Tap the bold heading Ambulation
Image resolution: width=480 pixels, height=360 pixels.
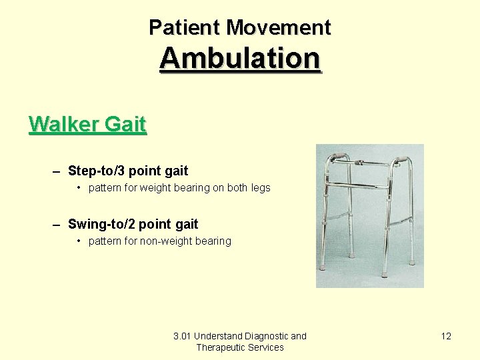(240, 58)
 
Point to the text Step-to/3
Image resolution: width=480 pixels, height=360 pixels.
(95, 171)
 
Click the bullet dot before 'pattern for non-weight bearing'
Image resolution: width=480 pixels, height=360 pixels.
(79, 241)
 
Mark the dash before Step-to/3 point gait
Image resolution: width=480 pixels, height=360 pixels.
(57, 171)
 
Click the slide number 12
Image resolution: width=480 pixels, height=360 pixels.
(446, 336)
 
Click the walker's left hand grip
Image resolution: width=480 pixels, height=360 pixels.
(337, 157)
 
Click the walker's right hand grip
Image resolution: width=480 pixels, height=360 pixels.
(400, 160)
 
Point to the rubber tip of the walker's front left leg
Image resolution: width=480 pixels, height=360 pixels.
(323, 266)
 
